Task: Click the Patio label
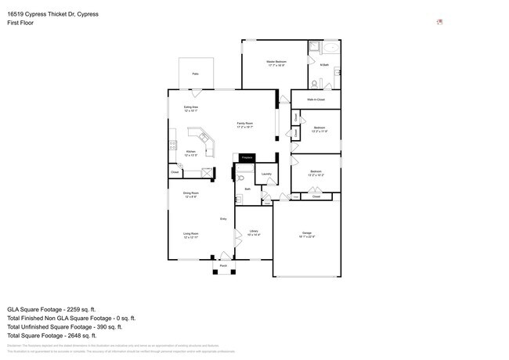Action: click(x=195, y=74)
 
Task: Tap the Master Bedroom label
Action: click(x=276, y=62)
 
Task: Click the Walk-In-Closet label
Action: click(x=316, y=100)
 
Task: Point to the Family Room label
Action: click(x=244, y=124)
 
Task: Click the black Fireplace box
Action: click(x=247, y=158)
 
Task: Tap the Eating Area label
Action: click(x=190, y=108)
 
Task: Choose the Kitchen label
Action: click(x=190, y=153)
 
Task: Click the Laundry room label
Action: click(x=266, y=174)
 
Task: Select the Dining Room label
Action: click(x=190, y=194)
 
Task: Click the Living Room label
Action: click(x=191, y=234)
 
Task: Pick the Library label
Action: click(x=254, y=232)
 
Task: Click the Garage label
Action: click(x=307, y=233)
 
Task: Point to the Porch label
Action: click(x=223, y=266)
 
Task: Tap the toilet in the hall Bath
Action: click(x=240, y=179)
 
